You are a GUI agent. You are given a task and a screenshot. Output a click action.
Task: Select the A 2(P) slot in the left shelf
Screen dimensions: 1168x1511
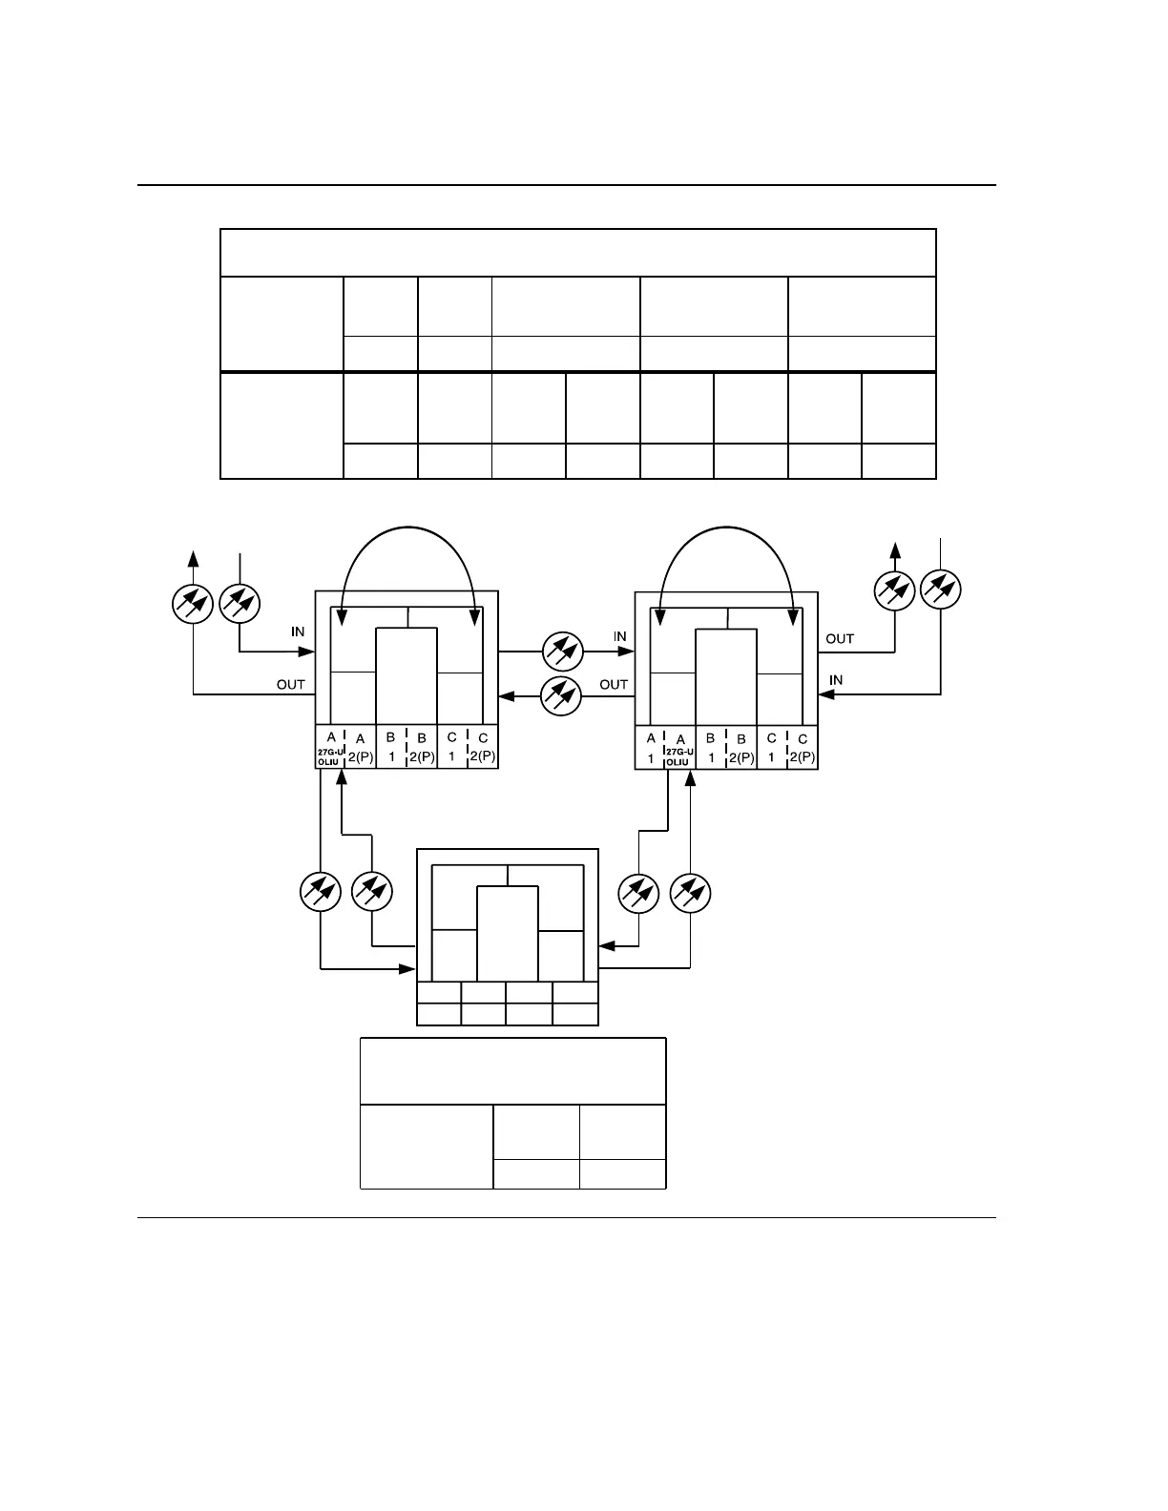(360, 748)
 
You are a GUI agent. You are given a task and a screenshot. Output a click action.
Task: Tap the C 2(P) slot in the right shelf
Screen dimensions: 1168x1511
(803, 748)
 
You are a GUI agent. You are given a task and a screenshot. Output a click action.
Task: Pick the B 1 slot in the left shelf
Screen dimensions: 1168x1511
(391, 748)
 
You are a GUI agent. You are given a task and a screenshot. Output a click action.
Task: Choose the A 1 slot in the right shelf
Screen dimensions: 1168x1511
(651, 748)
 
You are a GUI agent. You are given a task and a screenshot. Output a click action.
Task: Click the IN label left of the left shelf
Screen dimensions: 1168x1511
(298, 632)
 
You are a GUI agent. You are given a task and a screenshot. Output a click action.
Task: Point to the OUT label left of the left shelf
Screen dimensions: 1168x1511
(290, 684)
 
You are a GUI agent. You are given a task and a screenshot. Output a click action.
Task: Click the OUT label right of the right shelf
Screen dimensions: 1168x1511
(840, 638)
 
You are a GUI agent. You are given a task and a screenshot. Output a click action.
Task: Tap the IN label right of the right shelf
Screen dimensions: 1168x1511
(836, 680)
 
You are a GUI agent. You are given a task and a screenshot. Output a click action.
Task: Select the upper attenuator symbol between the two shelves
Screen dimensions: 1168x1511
(561, 652)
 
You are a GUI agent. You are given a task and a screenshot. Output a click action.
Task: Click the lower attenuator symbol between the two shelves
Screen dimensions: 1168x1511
(561, 695)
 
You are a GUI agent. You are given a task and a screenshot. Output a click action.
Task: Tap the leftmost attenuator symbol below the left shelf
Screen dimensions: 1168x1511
(321, 892)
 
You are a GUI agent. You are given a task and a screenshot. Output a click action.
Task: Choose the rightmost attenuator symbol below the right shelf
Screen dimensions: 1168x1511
(690, 892)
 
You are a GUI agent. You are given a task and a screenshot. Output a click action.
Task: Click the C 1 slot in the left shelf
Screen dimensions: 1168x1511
(452, 748)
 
